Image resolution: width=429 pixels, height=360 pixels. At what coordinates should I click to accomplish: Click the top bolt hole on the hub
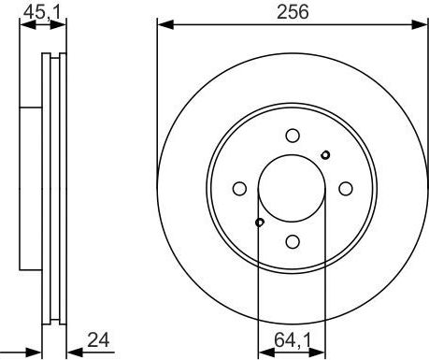[x=292, y=134]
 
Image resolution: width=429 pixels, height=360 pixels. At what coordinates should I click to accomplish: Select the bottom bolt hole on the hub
[x=292, y=241]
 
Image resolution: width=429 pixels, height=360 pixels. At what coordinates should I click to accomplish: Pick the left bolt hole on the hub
[x=238, y=187]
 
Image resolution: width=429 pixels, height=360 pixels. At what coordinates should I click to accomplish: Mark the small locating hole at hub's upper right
[x=325, y=154]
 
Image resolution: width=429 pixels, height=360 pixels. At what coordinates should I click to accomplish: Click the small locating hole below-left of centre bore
[x=259, y=222]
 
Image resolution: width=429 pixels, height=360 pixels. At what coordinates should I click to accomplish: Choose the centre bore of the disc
[x=292, y=187]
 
